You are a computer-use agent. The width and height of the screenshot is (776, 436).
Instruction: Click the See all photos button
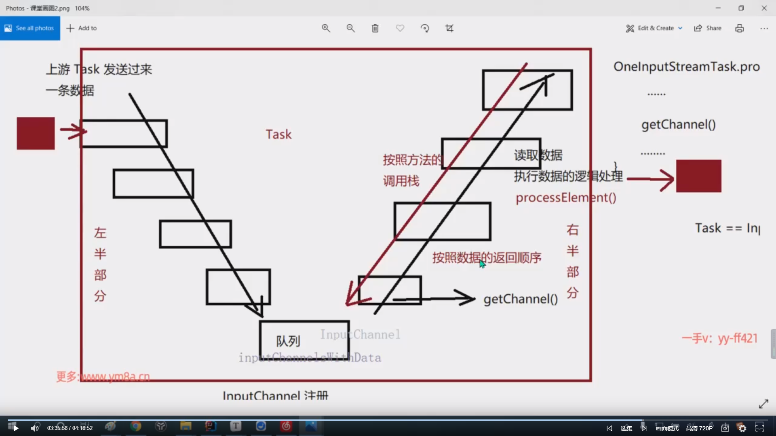click(30, 28)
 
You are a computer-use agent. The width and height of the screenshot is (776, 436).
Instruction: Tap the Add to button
click(82, 28)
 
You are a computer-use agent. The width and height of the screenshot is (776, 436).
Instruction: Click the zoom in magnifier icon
click(326, 28)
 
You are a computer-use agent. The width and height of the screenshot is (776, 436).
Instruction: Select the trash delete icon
click(375, 28)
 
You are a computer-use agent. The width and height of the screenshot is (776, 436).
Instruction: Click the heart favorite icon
click(400, 28)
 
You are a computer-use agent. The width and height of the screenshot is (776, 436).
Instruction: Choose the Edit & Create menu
click(654, 28)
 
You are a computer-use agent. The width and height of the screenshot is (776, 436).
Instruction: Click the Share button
click(708, 28)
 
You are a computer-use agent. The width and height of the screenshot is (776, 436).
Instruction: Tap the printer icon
click(740, 28)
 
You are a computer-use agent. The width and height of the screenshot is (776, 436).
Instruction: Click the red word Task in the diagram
click(278, 134)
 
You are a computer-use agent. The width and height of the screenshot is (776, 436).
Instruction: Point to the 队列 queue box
click(304, 340)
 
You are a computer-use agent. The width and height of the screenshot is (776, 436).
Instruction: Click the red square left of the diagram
click(36, 133)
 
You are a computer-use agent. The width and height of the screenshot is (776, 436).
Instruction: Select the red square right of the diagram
click(698, 176)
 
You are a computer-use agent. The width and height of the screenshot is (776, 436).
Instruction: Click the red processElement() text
click(566, 198)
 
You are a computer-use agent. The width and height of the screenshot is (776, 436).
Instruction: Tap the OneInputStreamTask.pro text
click(686, 67)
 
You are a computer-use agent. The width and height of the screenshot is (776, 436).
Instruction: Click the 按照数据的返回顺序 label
click(487, 258)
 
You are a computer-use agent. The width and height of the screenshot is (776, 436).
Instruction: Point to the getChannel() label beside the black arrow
click(521, 299)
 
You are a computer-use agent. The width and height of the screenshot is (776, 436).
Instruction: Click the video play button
click(16, 428)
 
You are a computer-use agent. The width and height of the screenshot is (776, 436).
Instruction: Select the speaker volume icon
click(35, 428)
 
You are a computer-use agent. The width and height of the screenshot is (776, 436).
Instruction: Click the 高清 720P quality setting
click(699, 428)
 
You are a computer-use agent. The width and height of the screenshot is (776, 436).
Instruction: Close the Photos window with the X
click(764, 8)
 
